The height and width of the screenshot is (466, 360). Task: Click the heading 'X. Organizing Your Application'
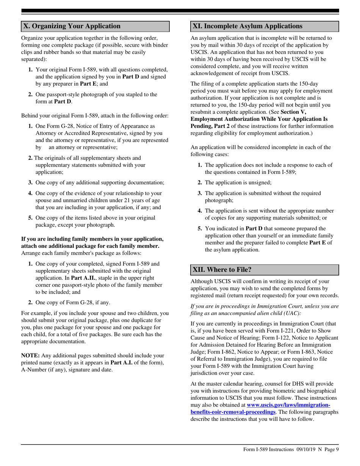[72, 26]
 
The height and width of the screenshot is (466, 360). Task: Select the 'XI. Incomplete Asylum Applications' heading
[247, 26]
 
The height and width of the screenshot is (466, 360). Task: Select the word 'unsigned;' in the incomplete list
[259, 182]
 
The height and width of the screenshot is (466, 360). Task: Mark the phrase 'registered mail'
[207, 296]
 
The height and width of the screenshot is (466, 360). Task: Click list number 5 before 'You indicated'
[200, 228]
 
